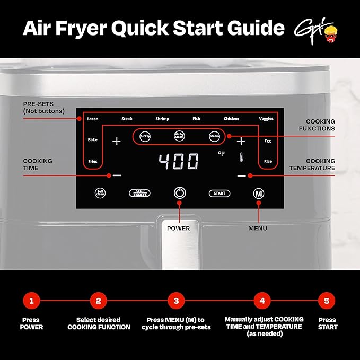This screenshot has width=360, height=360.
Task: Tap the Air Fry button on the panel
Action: (x=145, y=136)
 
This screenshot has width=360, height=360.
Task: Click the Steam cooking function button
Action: (x=214, y=136)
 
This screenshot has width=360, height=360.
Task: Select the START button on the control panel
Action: (x=219, y=194)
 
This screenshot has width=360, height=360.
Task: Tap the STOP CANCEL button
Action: (x=139, y=194)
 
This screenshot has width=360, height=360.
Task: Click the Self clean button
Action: (x=99, y=194)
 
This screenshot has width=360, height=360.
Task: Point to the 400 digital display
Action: (x=179, y=161)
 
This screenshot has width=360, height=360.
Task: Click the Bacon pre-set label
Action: (x=92, y=119)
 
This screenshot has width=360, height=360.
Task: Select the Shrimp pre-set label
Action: (x=162, y=119)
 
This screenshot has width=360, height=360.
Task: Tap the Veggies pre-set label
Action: (x=266, y=119)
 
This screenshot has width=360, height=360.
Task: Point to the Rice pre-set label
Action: (x=268, y=161)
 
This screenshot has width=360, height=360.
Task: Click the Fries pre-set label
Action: (x=92, y=161)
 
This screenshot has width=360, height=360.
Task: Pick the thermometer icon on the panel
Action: (x=241, y=157)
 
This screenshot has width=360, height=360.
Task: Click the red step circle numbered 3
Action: (x=176, y=301)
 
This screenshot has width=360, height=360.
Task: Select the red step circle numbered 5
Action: (x=327, y=301)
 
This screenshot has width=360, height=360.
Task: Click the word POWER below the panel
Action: (x=179, y=229)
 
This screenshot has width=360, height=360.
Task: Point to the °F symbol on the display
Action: (x=221, y=154)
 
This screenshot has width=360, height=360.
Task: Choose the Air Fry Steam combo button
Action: (x=179, y=136)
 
